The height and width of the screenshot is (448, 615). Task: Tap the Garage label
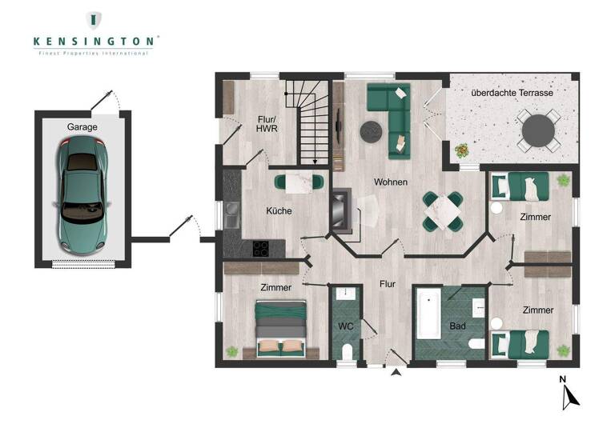[82, 126]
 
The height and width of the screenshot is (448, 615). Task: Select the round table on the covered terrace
[537, 130]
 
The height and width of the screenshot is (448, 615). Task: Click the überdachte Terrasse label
[512, 94]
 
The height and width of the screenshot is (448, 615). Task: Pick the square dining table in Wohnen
[443, 211]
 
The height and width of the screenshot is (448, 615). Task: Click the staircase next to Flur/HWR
[312, 128]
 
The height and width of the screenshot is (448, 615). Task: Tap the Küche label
[279, 211]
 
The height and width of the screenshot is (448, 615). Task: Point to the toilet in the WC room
[346, 353]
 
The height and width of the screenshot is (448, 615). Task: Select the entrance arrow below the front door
[396, 371]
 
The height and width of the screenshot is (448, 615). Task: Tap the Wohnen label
[391, 182]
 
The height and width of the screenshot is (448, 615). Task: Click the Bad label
[458, 326]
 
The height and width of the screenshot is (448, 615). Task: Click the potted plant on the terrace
[462, 150]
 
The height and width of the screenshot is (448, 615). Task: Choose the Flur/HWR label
[266, 126]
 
